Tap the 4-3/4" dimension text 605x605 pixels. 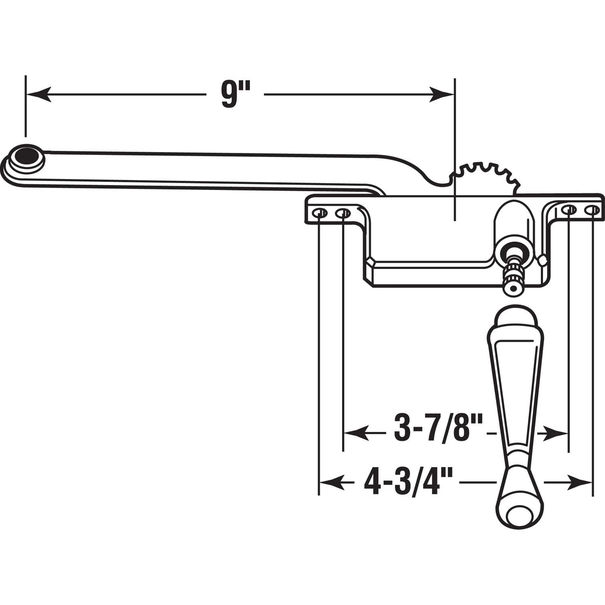[407, 482]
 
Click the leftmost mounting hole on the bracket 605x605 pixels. [320, 213]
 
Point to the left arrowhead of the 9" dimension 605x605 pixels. [38, 95]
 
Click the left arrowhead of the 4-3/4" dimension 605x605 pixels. [331, 482]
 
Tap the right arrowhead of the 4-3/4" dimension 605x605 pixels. [581, 482]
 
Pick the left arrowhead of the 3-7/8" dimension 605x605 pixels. [355, 433]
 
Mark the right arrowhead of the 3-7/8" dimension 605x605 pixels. [557, 433]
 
